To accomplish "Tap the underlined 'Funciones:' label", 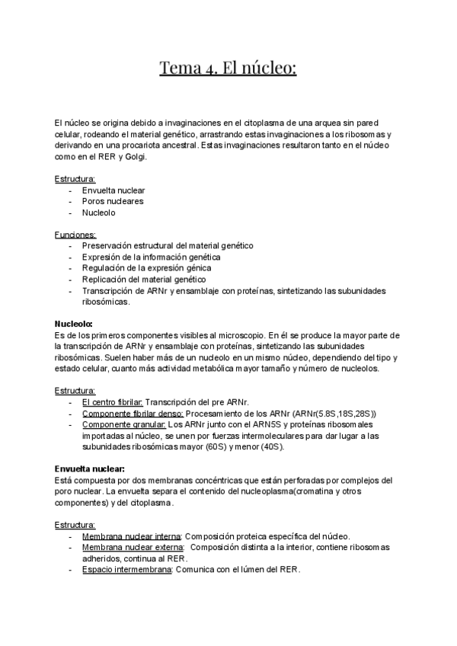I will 75,235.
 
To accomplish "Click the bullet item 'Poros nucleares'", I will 113,202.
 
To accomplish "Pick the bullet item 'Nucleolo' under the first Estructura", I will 99,213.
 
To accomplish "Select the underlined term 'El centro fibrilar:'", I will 112,402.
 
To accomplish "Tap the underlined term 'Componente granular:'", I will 123,424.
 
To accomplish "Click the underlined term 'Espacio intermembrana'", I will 126,570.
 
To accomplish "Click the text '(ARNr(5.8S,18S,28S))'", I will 334,413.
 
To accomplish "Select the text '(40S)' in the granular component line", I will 270,446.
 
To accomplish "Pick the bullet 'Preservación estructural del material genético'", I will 168,246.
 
